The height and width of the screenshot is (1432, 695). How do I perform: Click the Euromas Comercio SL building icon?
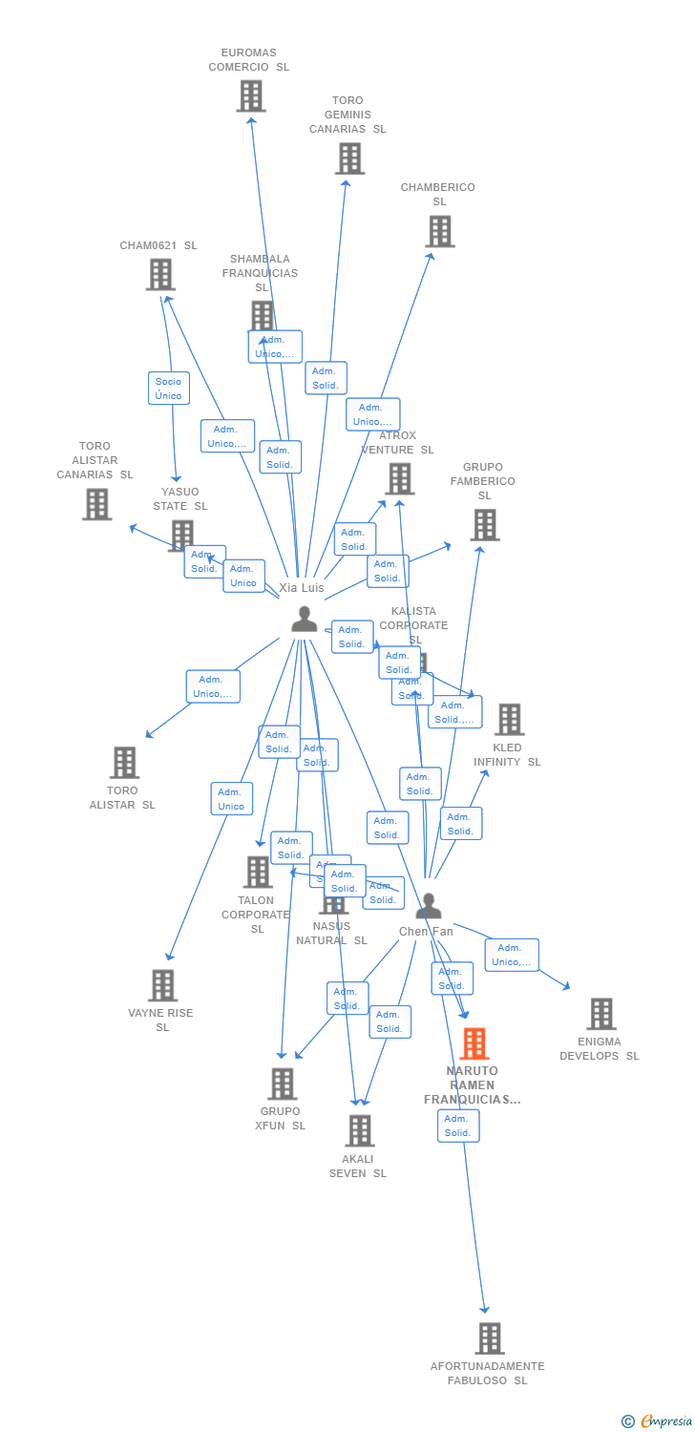tap(251, 96)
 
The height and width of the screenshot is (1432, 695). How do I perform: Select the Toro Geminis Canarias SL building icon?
tap(350, 158)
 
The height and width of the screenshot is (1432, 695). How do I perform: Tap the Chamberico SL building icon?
tap(439, 231)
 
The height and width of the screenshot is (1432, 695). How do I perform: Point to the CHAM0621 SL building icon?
tap(160, 275)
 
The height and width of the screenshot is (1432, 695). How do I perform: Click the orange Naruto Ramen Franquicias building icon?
tap(474, 1044)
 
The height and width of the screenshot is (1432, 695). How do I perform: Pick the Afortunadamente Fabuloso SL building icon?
tap(490, 1338)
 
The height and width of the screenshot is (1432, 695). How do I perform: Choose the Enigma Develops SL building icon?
tap(601, 1014)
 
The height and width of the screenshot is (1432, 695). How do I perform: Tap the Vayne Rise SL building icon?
tap(163, 986)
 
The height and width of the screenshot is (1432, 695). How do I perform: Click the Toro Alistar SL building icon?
tap(124, 763)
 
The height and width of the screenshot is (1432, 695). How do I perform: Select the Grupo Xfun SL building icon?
tap(283, 1085)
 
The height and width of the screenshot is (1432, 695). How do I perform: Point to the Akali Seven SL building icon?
tap(360, 1131)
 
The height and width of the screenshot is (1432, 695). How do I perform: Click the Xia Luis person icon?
tap(305, 620)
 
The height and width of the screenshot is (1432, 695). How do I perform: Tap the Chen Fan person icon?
tap(429, 906)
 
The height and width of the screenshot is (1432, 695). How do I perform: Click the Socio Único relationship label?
tap(168, 389)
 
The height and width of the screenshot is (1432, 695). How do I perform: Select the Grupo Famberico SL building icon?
tap(485, 525)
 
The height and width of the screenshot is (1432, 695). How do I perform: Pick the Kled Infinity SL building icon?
tap(510, 720)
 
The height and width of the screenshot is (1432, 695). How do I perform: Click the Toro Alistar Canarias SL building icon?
tap(97, 504)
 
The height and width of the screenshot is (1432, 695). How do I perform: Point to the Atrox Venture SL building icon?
tap(399, 479)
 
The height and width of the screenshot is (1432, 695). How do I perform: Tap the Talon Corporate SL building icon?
tap(258, 873)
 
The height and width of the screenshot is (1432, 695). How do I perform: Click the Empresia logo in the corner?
tap(658, 1421)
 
